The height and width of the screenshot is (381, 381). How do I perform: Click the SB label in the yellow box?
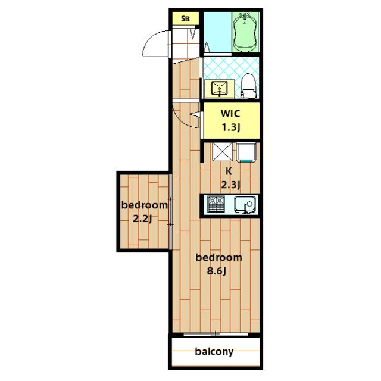[x=185, y=18]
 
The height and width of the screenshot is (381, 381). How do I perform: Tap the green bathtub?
[x=245, y=32]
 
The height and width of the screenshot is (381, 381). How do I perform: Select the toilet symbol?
[x=248, y=86]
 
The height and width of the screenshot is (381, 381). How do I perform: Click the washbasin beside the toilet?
[x=220, y=89]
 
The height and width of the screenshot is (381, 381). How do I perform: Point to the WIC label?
[x=230, y=114]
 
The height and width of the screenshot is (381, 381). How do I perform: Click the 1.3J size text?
[x=230, y=127]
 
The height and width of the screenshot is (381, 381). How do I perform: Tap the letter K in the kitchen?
[x=229, y=171]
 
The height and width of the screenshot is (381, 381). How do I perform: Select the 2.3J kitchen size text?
[x=230, y=185]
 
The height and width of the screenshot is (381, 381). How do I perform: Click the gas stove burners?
[x=216, y=204]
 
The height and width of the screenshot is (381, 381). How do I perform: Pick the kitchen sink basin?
[x=245, y=205]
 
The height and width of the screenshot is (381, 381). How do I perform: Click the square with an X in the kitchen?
[x=222, y=152]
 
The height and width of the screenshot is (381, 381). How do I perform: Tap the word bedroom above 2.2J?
[x=144, y=205]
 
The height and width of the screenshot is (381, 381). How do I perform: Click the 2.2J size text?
[x=142, y=219]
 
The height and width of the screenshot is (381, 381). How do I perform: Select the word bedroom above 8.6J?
[x=218, y=257]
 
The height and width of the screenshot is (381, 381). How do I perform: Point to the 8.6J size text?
[x=217, y=271]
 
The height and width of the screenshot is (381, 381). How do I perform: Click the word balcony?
[x=214, y=351]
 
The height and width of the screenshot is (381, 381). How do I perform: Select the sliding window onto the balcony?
[x=216, y=335]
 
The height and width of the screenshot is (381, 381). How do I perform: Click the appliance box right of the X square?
[x=246, y=152]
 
